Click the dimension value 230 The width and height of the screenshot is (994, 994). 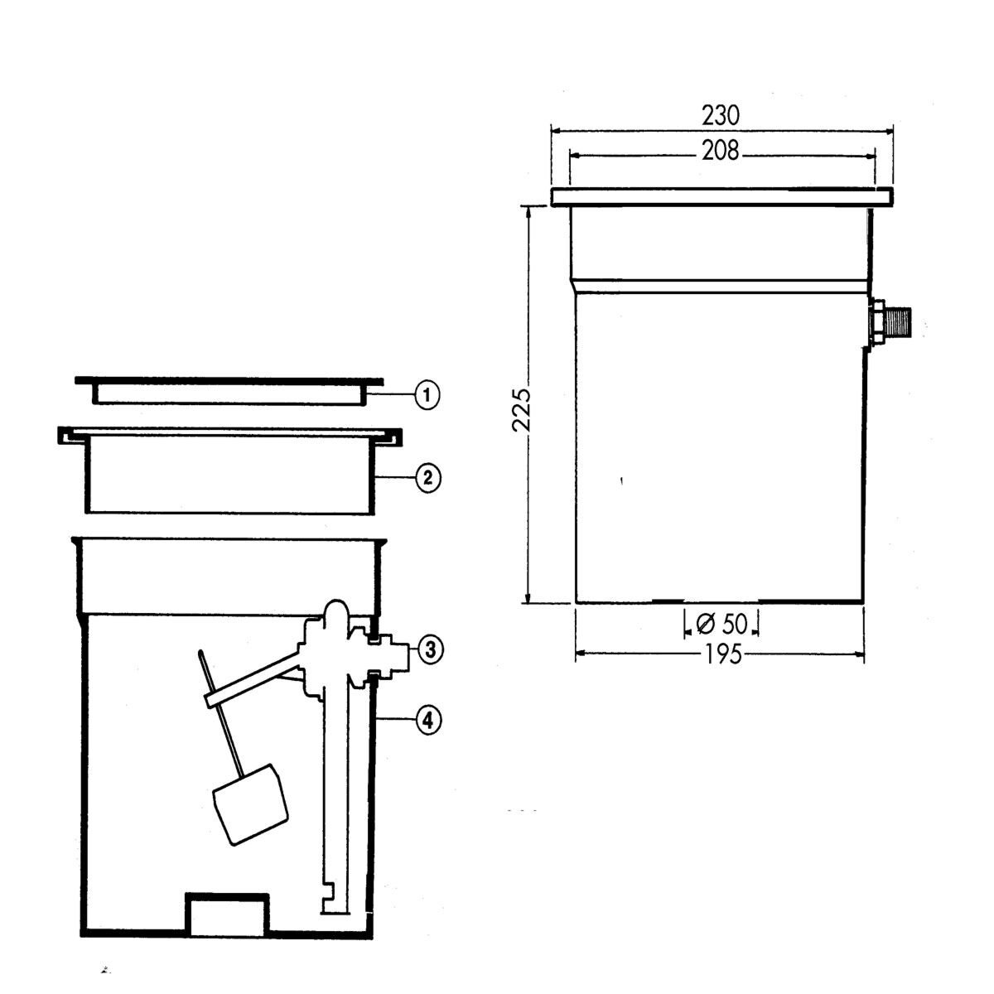click(720, 115)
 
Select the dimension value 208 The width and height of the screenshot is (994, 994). click(720, 151)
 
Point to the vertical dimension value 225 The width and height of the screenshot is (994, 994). click(521, 409)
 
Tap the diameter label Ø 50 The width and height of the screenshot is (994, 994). click(721, 625)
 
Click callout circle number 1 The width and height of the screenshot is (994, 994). click(427, 396)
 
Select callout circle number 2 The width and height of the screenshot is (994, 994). click(427, 478)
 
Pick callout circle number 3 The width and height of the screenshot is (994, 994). click(430, 650)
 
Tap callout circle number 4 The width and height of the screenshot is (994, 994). click(428, 720)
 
